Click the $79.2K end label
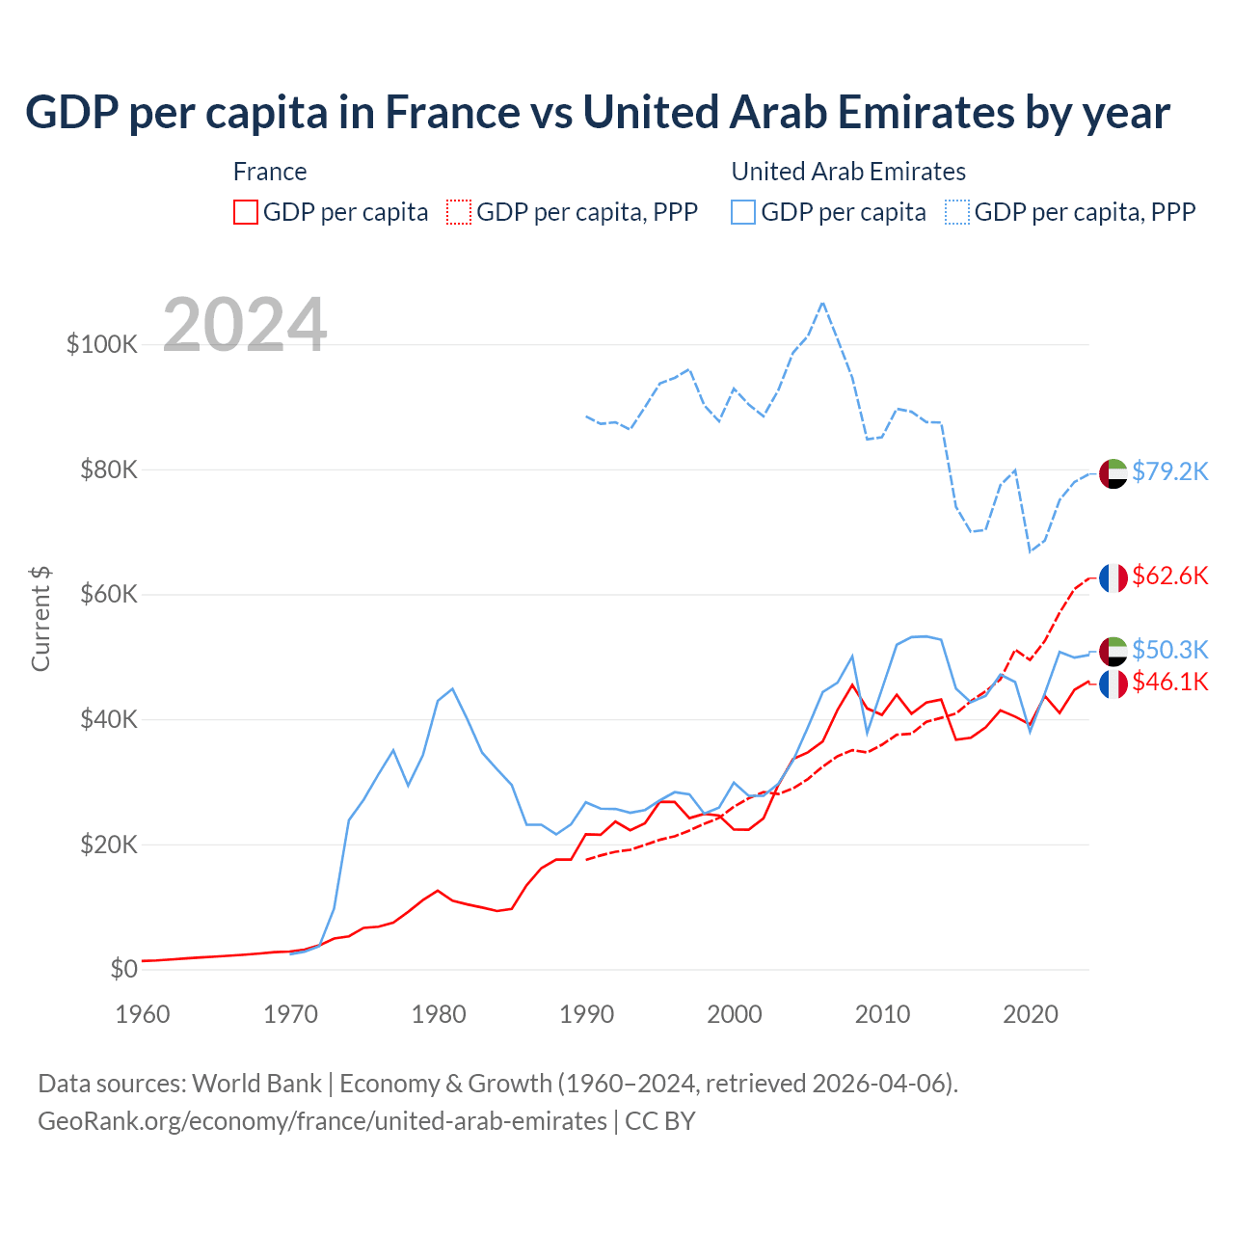1169,471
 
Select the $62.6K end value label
1169,576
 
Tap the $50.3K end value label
1169,650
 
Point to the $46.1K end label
1169,683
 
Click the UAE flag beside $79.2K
1113,473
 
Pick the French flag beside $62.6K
1113,577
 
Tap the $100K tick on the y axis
102,344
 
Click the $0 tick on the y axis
123,969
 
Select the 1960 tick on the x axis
143,1014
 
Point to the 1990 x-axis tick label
586,1014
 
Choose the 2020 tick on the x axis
1030,1014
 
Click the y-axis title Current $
40,618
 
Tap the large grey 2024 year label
245,325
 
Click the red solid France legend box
246,212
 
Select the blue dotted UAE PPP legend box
957,212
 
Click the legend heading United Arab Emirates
848,172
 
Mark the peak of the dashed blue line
822,303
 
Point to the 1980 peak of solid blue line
452,688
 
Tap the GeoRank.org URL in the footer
322,1121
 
